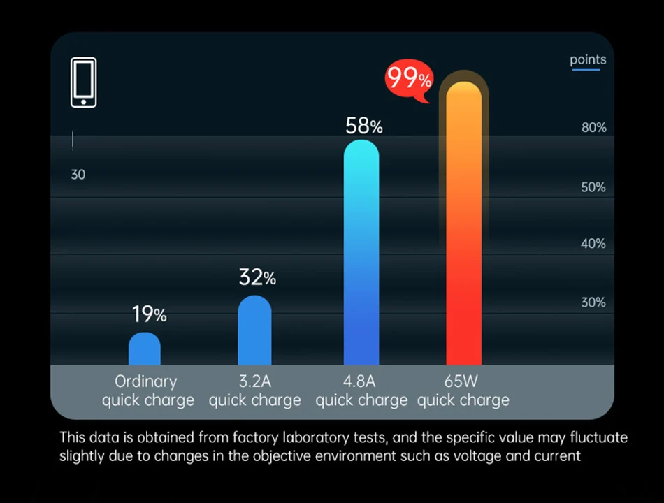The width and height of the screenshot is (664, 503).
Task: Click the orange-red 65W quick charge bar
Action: point(463,224)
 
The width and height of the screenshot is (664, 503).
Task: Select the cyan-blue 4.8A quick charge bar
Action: point(361,251)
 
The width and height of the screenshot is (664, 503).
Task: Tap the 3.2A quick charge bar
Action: point(254,330)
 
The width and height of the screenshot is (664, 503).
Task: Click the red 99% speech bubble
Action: point(409,79)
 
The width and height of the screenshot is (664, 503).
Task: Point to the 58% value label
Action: point(364,126)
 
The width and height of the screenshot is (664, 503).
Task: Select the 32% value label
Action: point(257,278)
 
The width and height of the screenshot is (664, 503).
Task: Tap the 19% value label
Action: point(150,315)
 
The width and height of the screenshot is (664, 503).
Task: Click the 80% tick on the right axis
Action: point(593,128)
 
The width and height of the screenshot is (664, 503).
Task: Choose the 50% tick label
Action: point(593,187)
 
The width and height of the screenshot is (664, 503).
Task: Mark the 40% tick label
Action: point(593,244)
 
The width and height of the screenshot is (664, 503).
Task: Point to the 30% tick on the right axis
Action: point(593,302)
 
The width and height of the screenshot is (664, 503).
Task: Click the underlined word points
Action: point(588,60)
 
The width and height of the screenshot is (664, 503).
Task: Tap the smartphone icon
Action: point(84,82)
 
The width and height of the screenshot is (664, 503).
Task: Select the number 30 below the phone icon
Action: point(78,175)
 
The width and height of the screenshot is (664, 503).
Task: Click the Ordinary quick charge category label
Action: point(147,391)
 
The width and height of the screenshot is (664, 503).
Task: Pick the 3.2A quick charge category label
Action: point(254,391)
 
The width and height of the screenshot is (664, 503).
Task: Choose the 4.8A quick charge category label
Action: point(361,391)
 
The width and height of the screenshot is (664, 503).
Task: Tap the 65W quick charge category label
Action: point(463,391)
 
